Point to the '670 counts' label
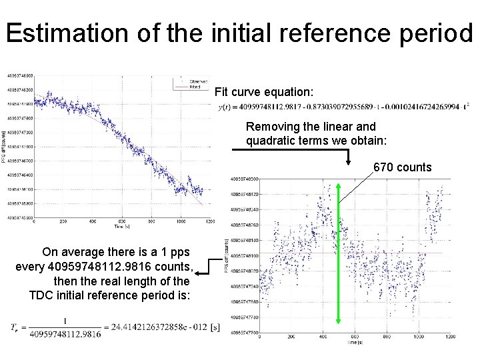(402, 167)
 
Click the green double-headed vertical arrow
(339, 253)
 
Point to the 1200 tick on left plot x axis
(210, 222)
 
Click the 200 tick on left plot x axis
(64, 222)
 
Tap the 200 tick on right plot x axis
(291, 337)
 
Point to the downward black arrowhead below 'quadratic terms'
(348, 162)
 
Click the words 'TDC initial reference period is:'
(110, 295)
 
